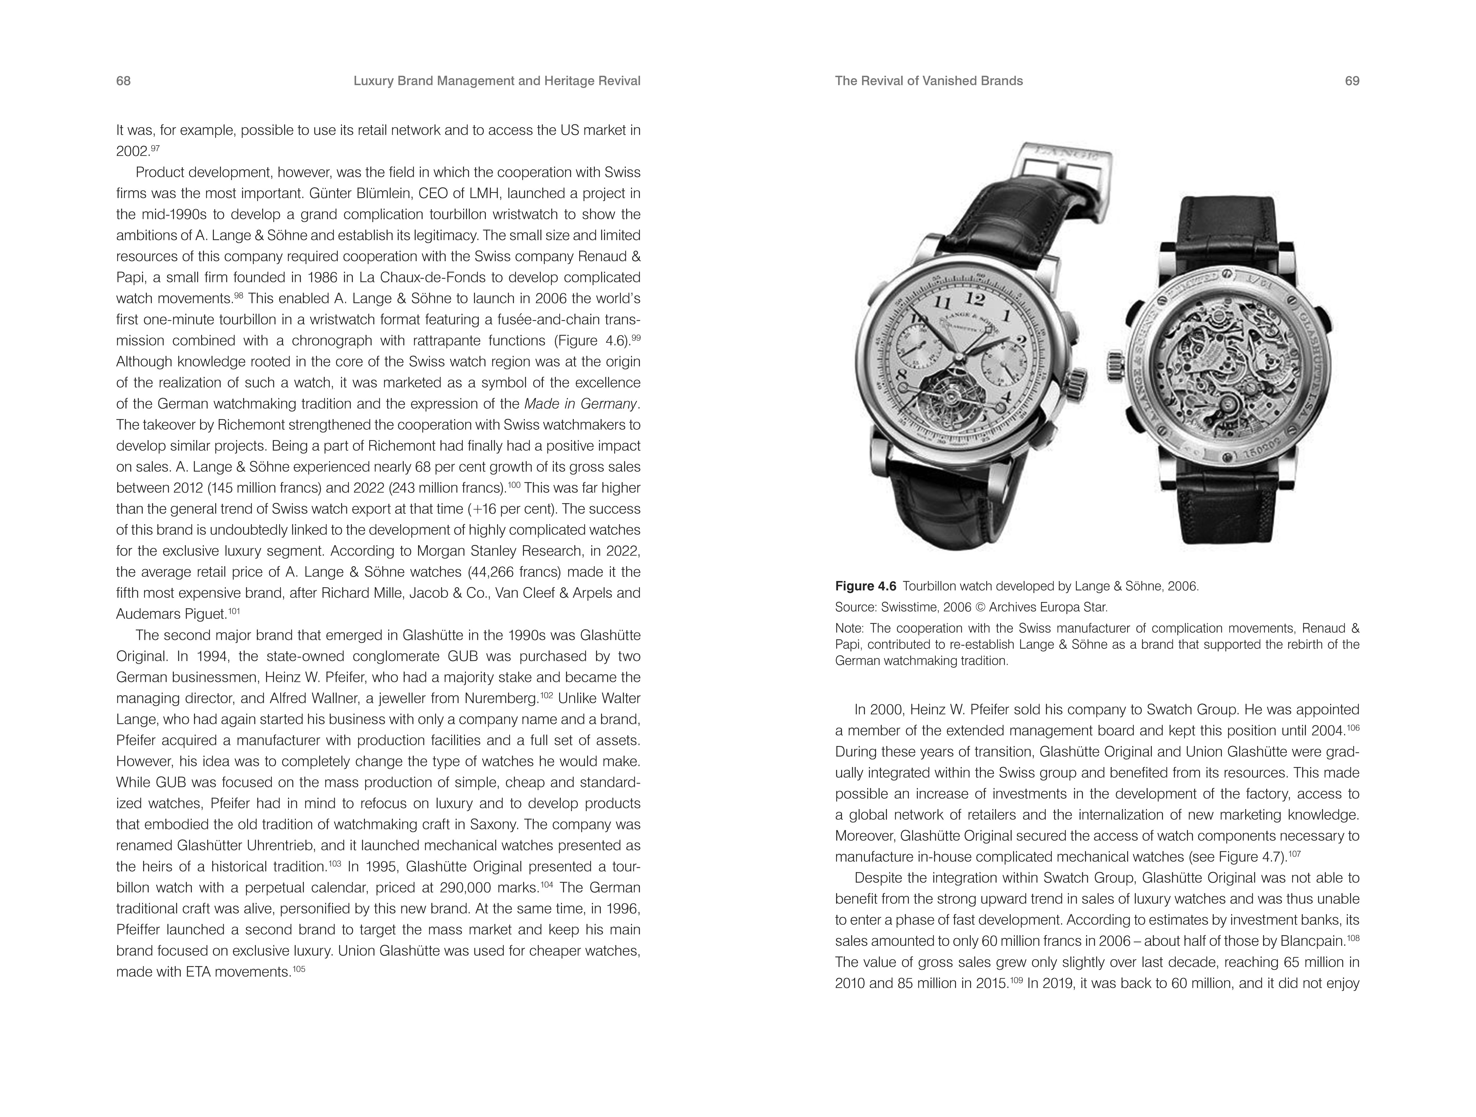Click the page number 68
[x=123, y=81]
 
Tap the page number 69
[x=1352, y=81]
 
